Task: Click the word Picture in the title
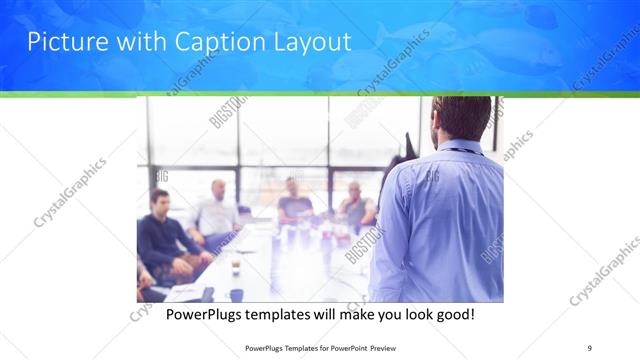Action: (x=65, y=42)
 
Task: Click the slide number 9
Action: (x=590, y=347)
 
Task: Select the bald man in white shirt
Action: (x=217, y=210)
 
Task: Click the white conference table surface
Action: (x=270, y=265)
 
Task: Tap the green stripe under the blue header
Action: (x=320, y=94)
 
